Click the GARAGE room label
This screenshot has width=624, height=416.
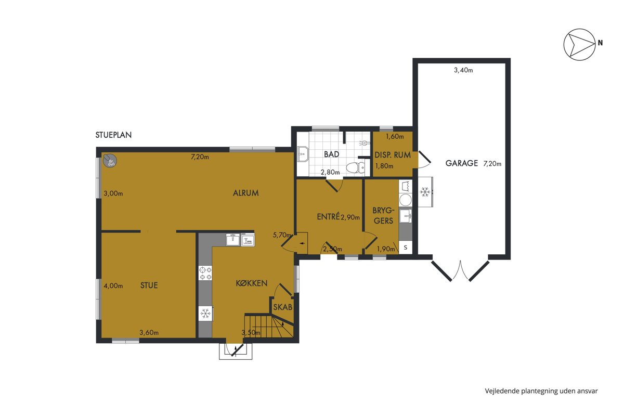coord(462,163)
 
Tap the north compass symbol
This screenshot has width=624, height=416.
coord(579,45)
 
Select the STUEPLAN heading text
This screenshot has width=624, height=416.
coord(113,135)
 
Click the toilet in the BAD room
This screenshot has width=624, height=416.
coord(356,168)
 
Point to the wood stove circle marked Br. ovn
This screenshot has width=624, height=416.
coord(110,161)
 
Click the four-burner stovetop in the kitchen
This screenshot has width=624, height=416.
coord(205,273)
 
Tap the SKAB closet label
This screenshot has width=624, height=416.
coord(283,307)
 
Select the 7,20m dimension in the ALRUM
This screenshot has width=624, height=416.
coord(200,157)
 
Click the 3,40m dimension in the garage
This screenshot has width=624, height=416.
coord(463,70)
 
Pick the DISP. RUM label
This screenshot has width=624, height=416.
coord(393,155)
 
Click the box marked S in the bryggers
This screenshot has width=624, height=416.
coord(406,248)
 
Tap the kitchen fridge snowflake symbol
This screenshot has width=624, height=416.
coord(205,314)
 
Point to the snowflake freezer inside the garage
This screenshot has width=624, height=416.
coord(425,192)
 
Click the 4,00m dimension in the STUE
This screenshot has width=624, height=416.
coord(113,286)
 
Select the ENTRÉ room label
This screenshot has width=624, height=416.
coord(328,216)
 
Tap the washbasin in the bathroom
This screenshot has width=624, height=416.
coord(303,154)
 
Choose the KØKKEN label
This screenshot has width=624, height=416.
coord(252,283)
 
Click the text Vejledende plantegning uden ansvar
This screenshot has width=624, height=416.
coord(541,391)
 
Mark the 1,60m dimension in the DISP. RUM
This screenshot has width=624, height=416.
coord(395,137)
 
